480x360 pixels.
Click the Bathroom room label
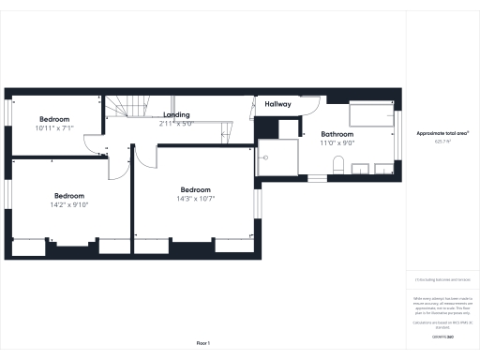[337, 135]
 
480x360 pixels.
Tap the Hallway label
[277, 104]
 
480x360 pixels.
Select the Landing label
[175, 114]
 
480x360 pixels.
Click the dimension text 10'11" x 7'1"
[55, 127]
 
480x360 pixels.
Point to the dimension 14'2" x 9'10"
[68, 204]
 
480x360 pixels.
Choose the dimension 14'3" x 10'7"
[195, 198]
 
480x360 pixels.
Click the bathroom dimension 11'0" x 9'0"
[337, 143]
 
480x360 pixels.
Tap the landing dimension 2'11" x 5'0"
[175, 123]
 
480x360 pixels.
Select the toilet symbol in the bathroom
[337, 167]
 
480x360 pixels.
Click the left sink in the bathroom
[360, 169]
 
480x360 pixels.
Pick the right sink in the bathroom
[382, 169]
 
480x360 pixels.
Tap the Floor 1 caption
[202, 343]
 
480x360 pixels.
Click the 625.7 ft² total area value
[442, 142]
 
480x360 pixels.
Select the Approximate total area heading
[442, 133]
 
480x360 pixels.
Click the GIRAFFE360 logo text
[442, 336]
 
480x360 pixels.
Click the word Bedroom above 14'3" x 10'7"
[195, 188]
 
